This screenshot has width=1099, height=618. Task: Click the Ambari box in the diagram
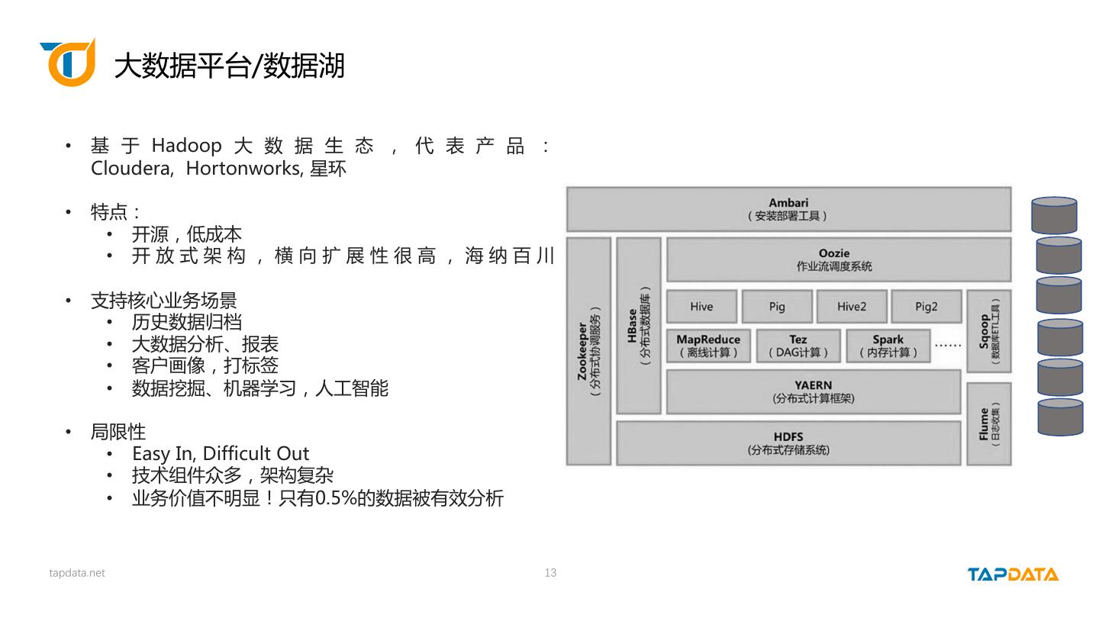pos(788,209)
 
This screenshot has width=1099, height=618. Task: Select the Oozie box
pos(838,259)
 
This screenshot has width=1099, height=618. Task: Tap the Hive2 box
pos(851,307)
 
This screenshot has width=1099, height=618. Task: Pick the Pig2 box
pos(926,307)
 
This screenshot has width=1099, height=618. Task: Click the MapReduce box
pos(707,346)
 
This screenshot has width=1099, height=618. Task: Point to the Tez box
pos(798,346)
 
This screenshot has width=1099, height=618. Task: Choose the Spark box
pos(888,346)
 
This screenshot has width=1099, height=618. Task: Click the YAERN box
pos(813,391)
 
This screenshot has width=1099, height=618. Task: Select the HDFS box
pos(788,443)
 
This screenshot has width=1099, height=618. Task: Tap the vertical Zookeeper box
pos(588,351)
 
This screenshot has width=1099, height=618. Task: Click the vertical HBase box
pos(638,326)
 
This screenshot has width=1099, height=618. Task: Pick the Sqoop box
pos(988,331)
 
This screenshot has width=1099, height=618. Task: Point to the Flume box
pos(988,423)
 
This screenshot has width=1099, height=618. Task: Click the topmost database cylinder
pos(1054,215)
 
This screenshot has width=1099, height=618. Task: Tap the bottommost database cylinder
pos(1060,417)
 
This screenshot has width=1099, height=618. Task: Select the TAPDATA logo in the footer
pos(1013,574)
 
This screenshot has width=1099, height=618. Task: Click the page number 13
pos(550,573)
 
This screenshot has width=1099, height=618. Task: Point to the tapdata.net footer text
pos(77,573)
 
